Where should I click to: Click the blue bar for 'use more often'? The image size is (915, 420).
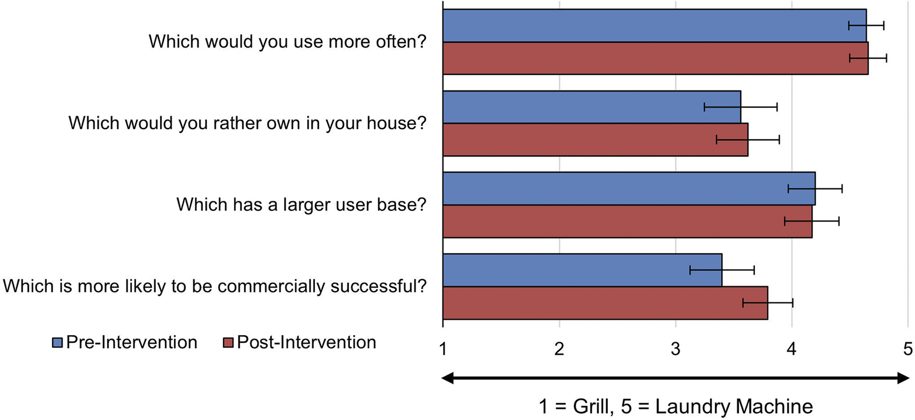pyautogui.click(x=655, y=26)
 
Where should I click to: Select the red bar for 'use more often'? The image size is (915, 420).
pyautogui.click(x=655, y=58)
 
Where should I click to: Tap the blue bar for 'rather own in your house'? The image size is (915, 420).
pyautogui.click(x=592, y=107)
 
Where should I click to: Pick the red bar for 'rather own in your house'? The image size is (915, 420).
pyautogui.click(x=596, y=140)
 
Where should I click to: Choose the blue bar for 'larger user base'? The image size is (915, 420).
pyautogui.click(x=629, y=188)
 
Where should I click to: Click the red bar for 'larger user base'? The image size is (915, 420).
pyautogui.click(x=627, y=221)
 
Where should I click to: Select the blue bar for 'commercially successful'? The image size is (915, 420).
pyautogui.click(x=582, y=270)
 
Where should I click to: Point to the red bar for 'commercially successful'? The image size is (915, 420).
pyautogui.click(x=606, y=303)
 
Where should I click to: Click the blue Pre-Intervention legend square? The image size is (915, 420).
pyautogui.click(x=58, y=342)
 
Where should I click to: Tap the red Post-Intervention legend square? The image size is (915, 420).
pyautogui.click(x=228, y=342)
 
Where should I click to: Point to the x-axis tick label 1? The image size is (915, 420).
pyautogui.click(x=443, y=350)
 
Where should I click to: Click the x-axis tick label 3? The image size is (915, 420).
pyautogui.click(x=675, y=350)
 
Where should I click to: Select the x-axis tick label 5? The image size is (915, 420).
pyautogui.click(x=908, y=350)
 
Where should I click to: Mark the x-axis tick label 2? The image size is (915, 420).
pyautogui.click(x=559, y=350)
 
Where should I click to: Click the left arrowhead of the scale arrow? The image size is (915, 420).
pyautogui.click(x=448, y=378)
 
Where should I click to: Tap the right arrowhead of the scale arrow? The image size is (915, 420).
pyautogui.click(x=903, y=378)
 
